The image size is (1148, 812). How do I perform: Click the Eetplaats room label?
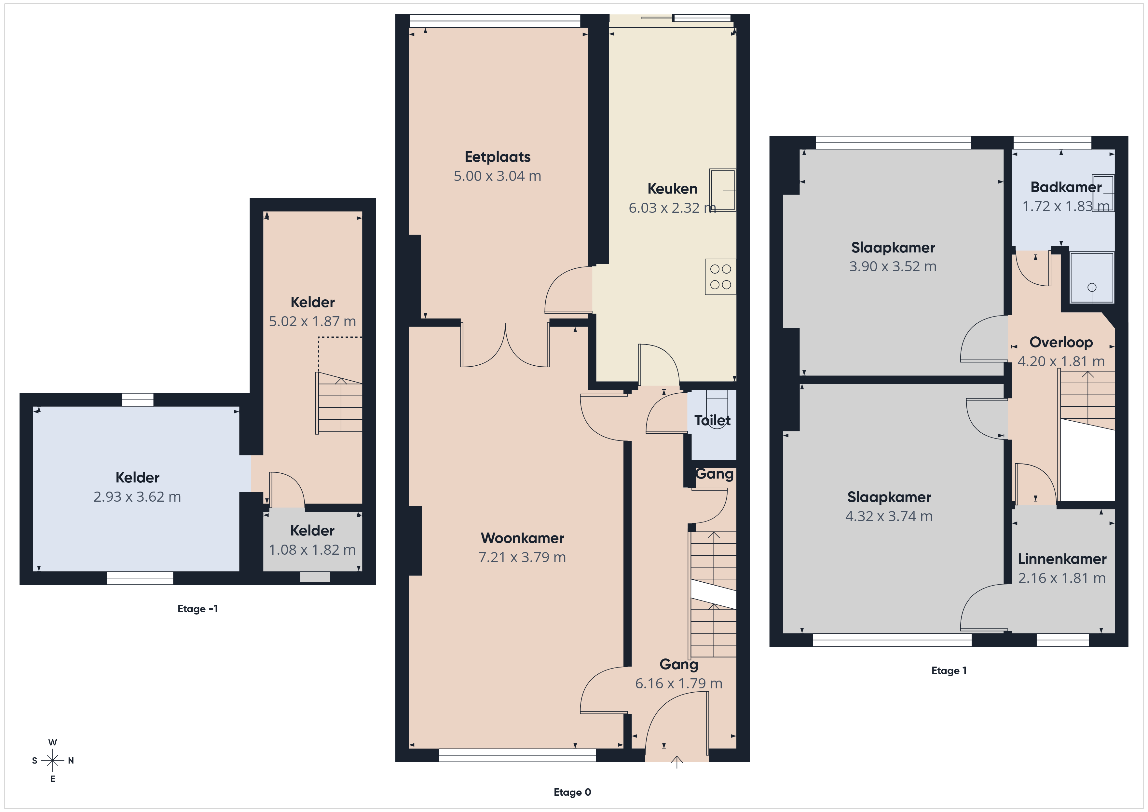coord(498,157)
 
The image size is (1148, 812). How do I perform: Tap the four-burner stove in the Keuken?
coord(720,277)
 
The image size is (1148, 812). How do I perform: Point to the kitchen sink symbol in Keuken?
coord(722,190)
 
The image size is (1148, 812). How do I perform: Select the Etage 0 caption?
coord(572,792)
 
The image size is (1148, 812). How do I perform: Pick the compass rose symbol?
coord(52,761)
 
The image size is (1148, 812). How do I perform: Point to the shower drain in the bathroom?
coord(1092,288)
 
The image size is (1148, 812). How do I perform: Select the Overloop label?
coord(1061,343)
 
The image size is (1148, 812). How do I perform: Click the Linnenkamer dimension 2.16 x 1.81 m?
coord(1062,578)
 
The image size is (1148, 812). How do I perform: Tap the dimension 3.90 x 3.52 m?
coord(893,266)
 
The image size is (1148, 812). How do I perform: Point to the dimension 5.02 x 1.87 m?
coord(312,321)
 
